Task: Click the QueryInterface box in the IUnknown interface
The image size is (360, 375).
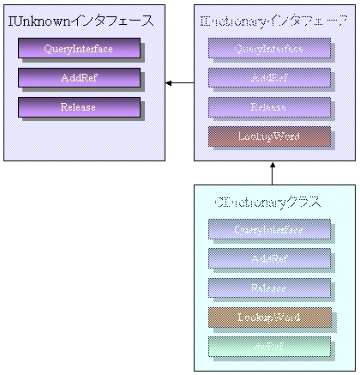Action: click(x=79, y=49)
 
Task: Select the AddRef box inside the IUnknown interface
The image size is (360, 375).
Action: click(x=79, y=78)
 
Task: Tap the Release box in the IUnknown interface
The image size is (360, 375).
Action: click(x=79, y=107)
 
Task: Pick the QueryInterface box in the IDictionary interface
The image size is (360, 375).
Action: click(x=269, y=49)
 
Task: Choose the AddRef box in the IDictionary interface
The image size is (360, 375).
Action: click(x=269, y=78)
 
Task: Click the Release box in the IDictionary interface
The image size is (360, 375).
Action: click(x=269, y=107)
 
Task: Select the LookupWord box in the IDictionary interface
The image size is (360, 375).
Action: click(x=269, y=136)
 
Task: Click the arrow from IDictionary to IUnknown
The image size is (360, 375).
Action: click(x=179, y=82)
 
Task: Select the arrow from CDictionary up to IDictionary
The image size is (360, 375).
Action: click(x=272, y=172)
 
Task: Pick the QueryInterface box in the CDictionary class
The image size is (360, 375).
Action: click(x=269, y=229)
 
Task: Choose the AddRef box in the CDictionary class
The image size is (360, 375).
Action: click(x=269, y=258)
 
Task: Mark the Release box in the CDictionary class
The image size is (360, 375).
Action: click(x=269, y=287)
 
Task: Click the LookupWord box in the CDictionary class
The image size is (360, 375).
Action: click(x=269, y=317)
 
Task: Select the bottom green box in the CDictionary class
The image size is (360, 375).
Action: click(x=269, y=345)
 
